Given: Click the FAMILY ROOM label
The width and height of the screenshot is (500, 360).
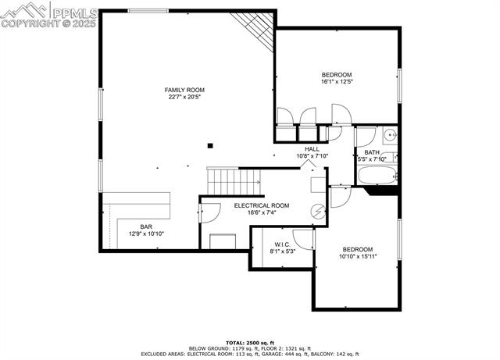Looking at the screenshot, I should pyautogui.click(x=184, y=90).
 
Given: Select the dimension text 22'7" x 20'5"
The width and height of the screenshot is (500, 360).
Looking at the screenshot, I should pyautogui.click(x=184, y=98).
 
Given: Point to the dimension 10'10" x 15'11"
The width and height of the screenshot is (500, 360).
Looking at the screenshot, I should pyautogui.click(x=358, y=256).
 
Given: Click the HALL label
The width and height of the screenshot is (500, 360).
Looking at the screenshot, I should pyautogui.click(x=312, y=148).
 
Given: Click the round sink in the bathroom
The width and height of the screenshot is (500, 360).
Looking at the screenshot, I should pyautogui.click(x=388, y=134).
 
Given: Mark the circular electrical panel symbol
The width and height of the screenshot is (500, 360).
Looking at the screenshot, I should pyautogui.click(x=318, y=211).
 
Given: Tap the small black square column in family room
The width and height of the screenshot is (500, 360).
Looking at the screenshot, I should pyautogui.click(x=209, y=145).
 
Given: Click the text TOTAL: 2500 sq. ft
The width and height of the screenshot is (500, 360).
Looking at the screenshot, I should pyautogui.click(x=250, y=342).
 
